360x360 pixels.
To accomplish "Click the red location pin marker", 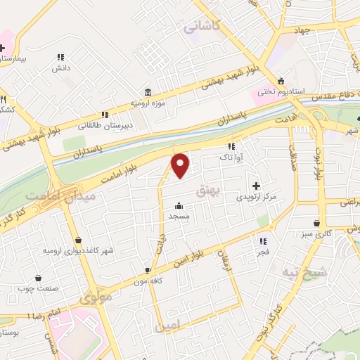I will click(181, 165).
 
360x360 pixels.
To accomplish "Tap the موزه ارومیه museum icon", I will click(148, 92).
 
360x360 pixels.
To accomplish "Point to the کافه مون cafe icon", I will click(148, 270).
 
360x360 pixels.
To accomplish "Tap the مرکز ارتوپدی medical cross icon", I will click(256, 184).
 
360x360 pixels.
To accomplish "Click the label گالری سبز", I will click(314, 233).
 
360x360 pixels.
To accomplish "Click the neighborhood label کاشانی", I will click(202, 27).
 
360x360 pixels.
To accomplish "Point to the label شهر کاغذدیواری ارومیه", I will click(78, 250).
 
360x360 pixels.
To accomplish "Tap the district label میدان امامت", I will click(50, 195).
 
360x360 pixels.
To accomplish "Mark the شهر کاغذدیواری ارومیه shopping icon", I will click(77, 240).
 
